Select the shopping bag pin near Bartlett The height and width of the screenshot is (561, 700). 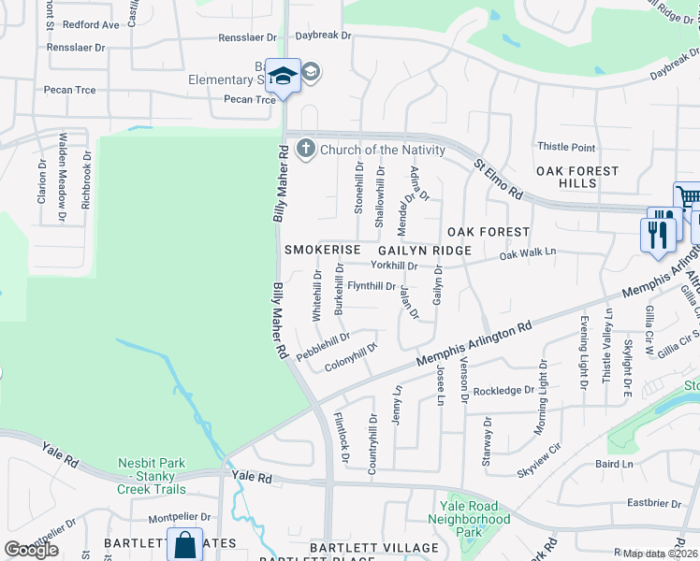(x=185, y=544)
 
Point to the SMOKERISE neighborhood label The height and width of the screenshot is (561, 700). (x=323, y=251)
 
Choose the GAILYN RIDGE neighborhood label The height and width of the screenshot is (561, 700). (x=423, y=251)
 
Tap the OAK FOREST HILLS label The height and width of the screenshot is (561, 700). (x=577, y=177)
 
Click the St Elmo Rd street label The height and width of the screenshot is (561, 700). (x=498, y=179)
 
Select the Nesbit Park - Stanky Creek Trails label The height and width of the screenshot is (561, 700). (x=153, y=476)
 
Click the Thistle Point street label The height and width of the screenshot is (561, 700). (x=566, y=148)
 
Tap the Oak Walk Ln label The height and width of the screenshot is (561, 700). (x=528, y=253)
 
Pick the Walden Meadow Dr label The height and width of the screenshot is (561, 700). (x=63, y=177)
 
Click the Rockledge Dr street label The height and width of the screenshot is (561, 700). (x=503, y=391)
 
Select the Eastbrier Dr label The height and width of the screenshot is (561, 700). (x=654, y=503)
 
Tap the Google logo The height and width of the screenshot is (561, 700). (x=32, y=550)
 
